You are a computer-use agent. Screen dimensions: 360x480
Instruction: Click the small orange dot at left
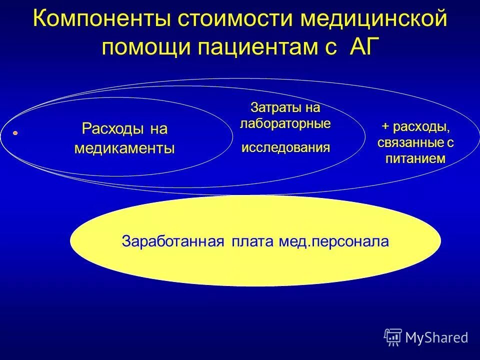(x=15, y=133)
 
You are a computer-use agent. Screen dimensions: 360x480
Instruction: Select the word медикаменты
(x=124, y=148)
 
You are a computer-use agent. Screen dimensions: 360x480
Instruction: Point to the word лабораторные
(x=285, y=123)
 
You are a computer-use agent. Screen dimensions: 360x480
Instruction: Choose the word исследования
(x=285, y=147)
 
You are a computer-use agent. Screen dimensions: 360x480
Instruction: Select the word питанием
(x=414, y=158)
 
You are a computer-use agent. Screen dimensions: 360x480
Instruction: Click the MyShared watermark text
(x=436, y=337)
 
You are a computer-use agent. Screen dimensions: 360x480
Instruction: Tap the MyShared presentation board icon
(x=393, y=337)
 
